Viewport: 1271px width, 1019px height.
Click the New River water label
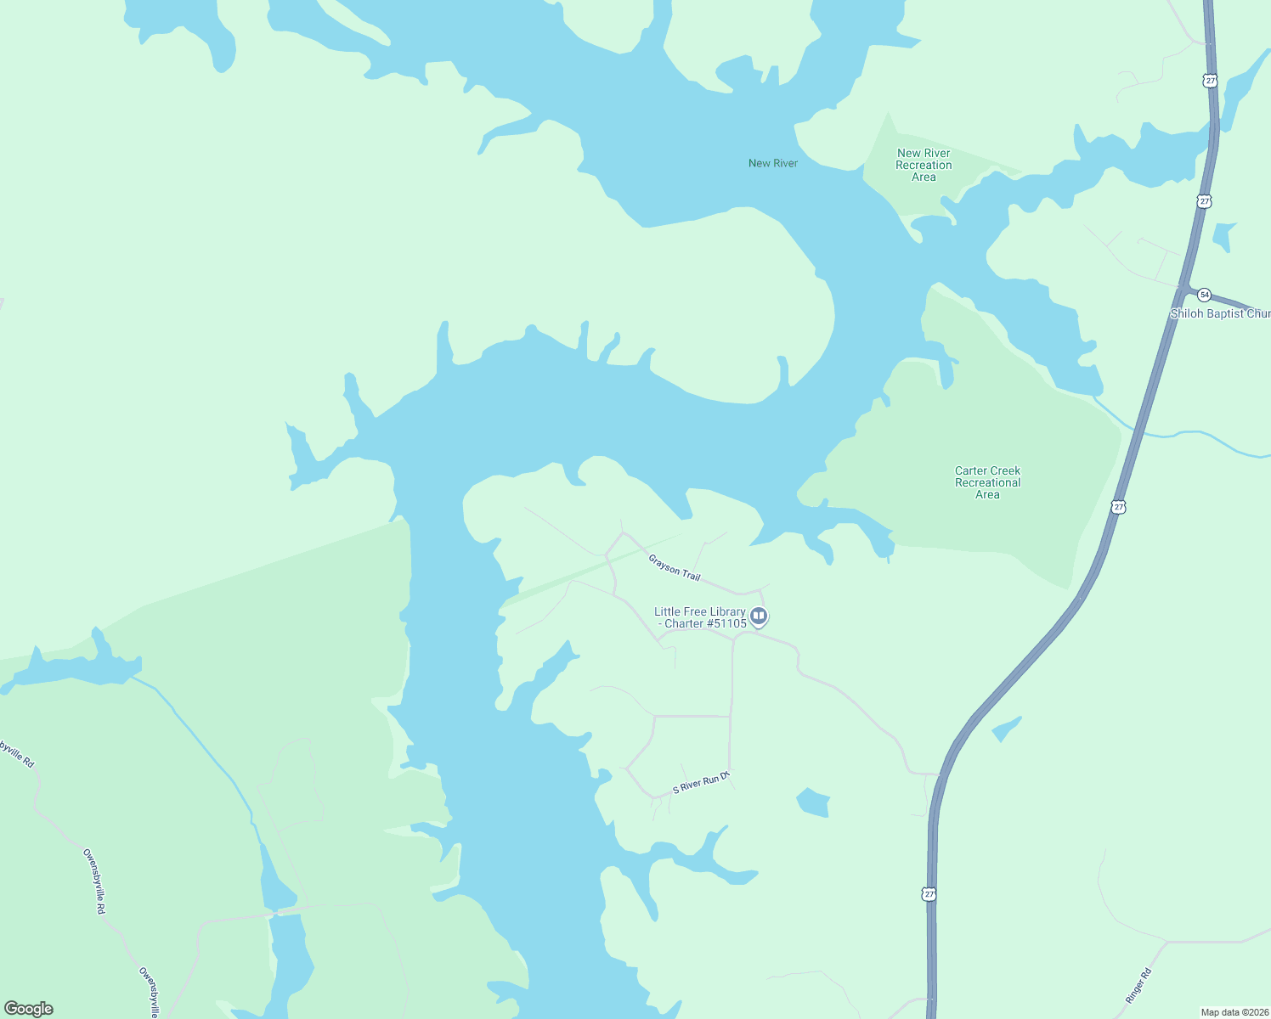tap(772, 163)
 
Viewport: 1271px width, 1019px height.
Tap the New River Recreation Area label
tap(924, 165)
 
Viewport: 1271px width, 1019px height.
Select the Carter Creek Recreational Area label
tap(987, 482)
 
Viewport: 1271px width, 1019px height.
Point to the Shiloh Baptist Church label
tap(1220, 313)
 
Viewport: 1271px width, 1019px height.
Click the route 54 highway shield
tap(1204, 295)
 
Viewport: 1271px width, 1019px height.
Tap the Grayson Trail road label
tap(675, 567)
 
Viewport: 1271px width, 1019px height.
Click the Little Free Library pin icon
tap(759, 616)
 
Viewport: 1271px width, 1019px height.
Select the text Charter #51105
tap(705, 623)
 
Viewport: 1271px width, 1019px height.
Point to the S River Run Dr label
tap(701, 783)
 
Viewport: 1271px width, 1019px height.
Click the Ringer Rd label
tap(1138, 986)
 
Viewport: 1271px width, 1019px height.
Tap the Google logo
tap(29, 1009)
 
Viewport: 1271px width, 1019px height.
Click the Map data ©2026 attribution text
tap(1234, 1012)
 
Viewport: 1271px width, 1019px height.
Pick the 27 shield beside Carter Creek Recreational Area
tap(1118, 507)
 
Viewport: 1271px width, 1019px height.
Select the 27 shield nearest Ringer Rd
tap(929, 894)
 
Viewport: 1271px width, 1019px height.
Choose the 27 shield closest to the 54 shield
tap(1204, 201)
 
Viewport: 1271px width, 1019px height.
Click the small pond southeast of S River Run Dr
tap(813, 802)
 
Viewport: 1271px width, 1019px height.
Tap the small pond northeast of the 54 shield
tap(1224, 235)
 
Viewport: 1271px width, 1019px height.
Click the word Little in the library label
tap(667, 611)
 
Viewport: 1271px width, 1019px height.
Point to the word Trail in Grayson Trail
tap(691, 575)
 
